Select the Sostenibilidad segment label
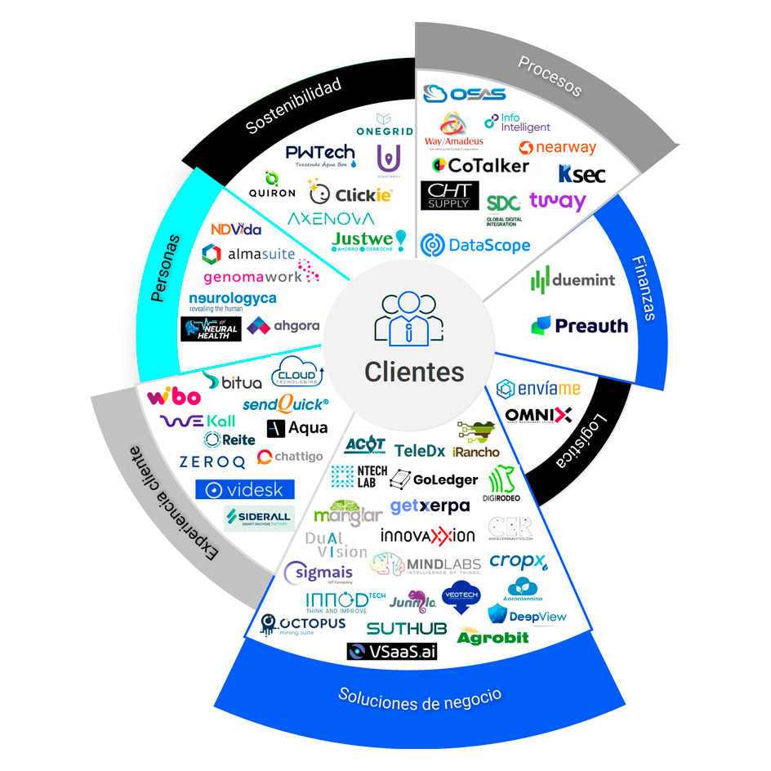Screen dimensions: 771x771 (292, 107)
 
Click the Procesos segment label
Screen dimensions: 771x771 (550, 76)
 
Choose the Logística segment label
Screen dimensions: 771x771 (586, 442)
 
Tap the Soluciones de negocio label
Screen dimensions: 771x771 (420, 696)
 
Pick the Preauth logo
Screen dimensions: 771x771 (580, 326)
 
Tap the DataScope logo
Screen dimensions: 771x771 (475, 244)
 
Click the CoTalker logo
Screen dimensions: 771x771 (480, 165)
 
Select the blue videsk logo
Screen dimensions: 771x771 (244, 489)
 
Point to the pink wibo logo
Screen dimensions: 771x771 (173, 398)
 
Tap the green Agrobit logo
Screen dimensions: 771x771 (492, 636)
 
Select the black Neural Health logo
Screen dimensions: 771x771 (211, 328)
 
